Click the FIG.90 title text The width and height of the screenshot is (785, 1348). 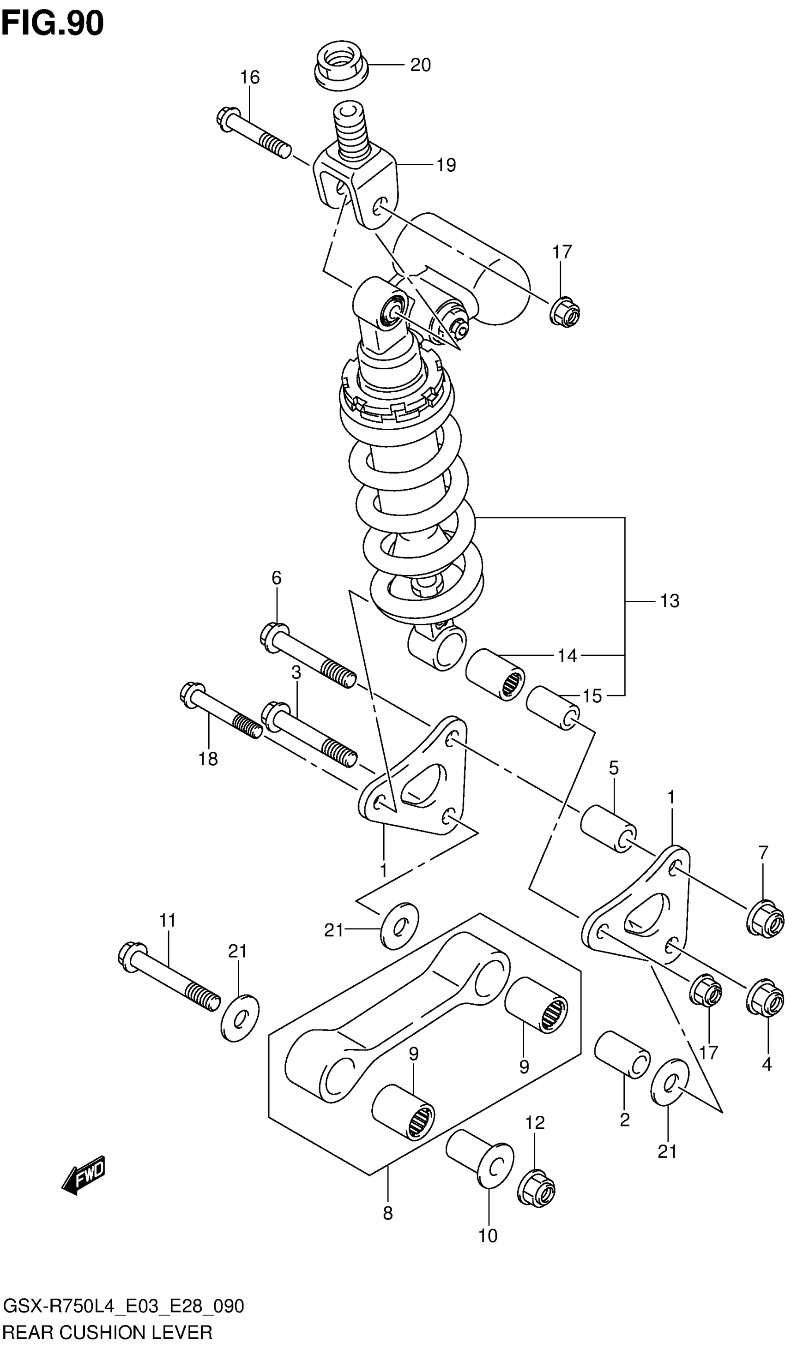(x=53, y=24)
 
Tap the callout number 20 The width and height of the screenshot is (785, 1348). (x=420, y=65)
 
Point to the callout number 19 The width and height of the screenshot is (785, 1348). (x=446, y=165)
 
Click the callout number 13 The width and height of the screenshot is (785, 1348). (x=670, y=601)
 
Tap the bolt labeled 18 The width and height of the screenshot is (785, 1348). (x=220, y=712)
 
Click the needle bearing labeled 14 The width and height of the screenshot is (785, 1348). (x=495, y=674)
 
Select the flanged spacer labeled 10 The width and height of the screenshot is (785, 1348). (x=479, y=1155)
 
